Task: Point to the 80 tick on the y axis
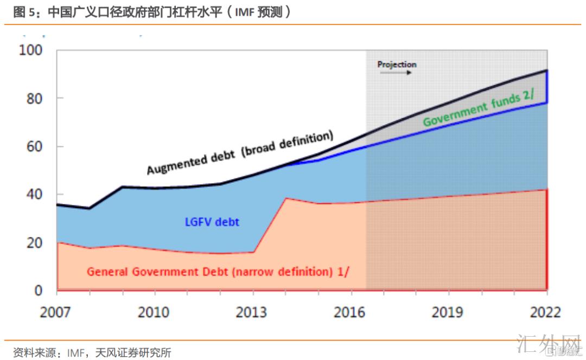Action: pos(34,99)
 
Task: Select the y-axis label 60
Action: pos(34,146)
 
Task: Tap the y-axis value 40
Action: pos(34,195)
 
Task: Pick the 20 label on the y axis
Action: pos(34,243)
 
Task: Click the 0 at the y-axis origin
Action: pos(38,291)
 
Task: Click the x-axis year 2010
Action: pos(155,313)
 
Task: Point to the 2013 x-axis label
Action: pos(252,313)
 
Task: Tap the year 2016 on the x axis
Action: pos(350,313)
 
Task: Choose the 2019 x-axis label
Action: pos(448,313)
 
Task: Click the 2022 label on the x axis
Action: pos(545,313)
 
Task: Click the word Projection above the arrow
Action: pos(397,65)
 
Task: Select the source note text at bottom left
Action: pos(92,353)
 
